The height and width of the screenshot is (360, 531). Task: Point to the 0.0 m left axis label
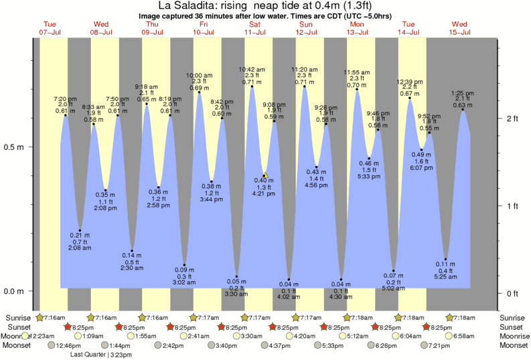pos(14,292)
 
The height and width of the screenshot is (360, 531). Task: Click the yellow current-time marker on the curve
pos(265,176)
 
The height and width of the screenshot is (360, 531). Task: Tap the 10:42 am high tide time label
pos(252,70)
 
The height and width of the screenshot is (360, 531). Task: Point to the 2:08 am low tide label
pos(80,248)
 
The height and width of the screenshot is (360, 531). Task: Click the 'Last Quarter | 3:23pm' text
pos(101,355)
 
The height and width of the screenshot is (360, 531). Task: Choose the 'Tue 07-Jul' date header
pos(50,27)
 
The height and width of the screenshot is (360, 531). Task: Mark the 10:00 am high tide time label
pos(200,75)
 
